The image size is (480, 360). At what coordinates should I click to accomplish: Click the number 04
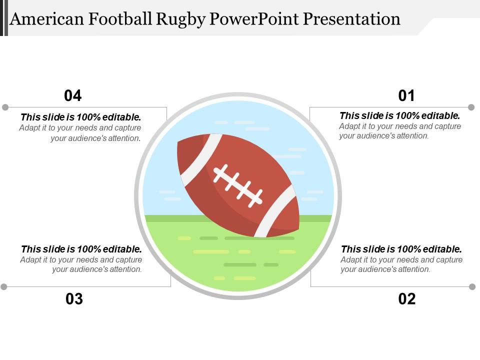coord(73,95)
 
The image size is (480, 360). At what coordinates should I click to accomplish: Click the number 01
coord(406,95)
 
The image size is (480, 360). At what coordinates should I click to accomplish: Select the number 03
coord(74,299)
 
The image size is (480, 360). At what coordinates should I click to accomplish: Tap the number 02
coord(407,299)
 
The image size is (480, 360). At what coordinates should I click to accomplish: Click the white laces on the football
coord(238,185)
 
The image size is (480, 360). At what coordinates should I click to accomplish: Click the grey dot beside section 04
coord(5,107)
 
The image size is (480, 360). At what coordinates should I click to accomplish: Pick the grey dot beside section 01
coord(471,107)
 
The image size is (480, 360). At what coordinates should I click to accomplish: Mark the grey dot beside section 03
coord(4,286)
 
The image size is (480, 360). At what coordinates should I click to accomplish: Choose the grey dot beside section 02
coord(472,286)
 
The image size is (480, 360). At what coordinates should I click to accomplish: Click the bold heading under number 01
coord(399,116)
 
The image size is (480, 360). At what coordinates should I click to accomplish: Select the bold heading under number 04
coord(80,117)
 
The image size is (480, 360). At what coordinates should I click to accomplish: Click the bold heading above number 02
coord(401,249)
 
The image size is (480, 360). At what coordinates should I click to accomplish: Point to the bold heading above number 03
coord(81,249)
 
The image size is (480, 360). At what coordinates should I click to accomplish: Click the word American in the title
coord(47,19)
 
